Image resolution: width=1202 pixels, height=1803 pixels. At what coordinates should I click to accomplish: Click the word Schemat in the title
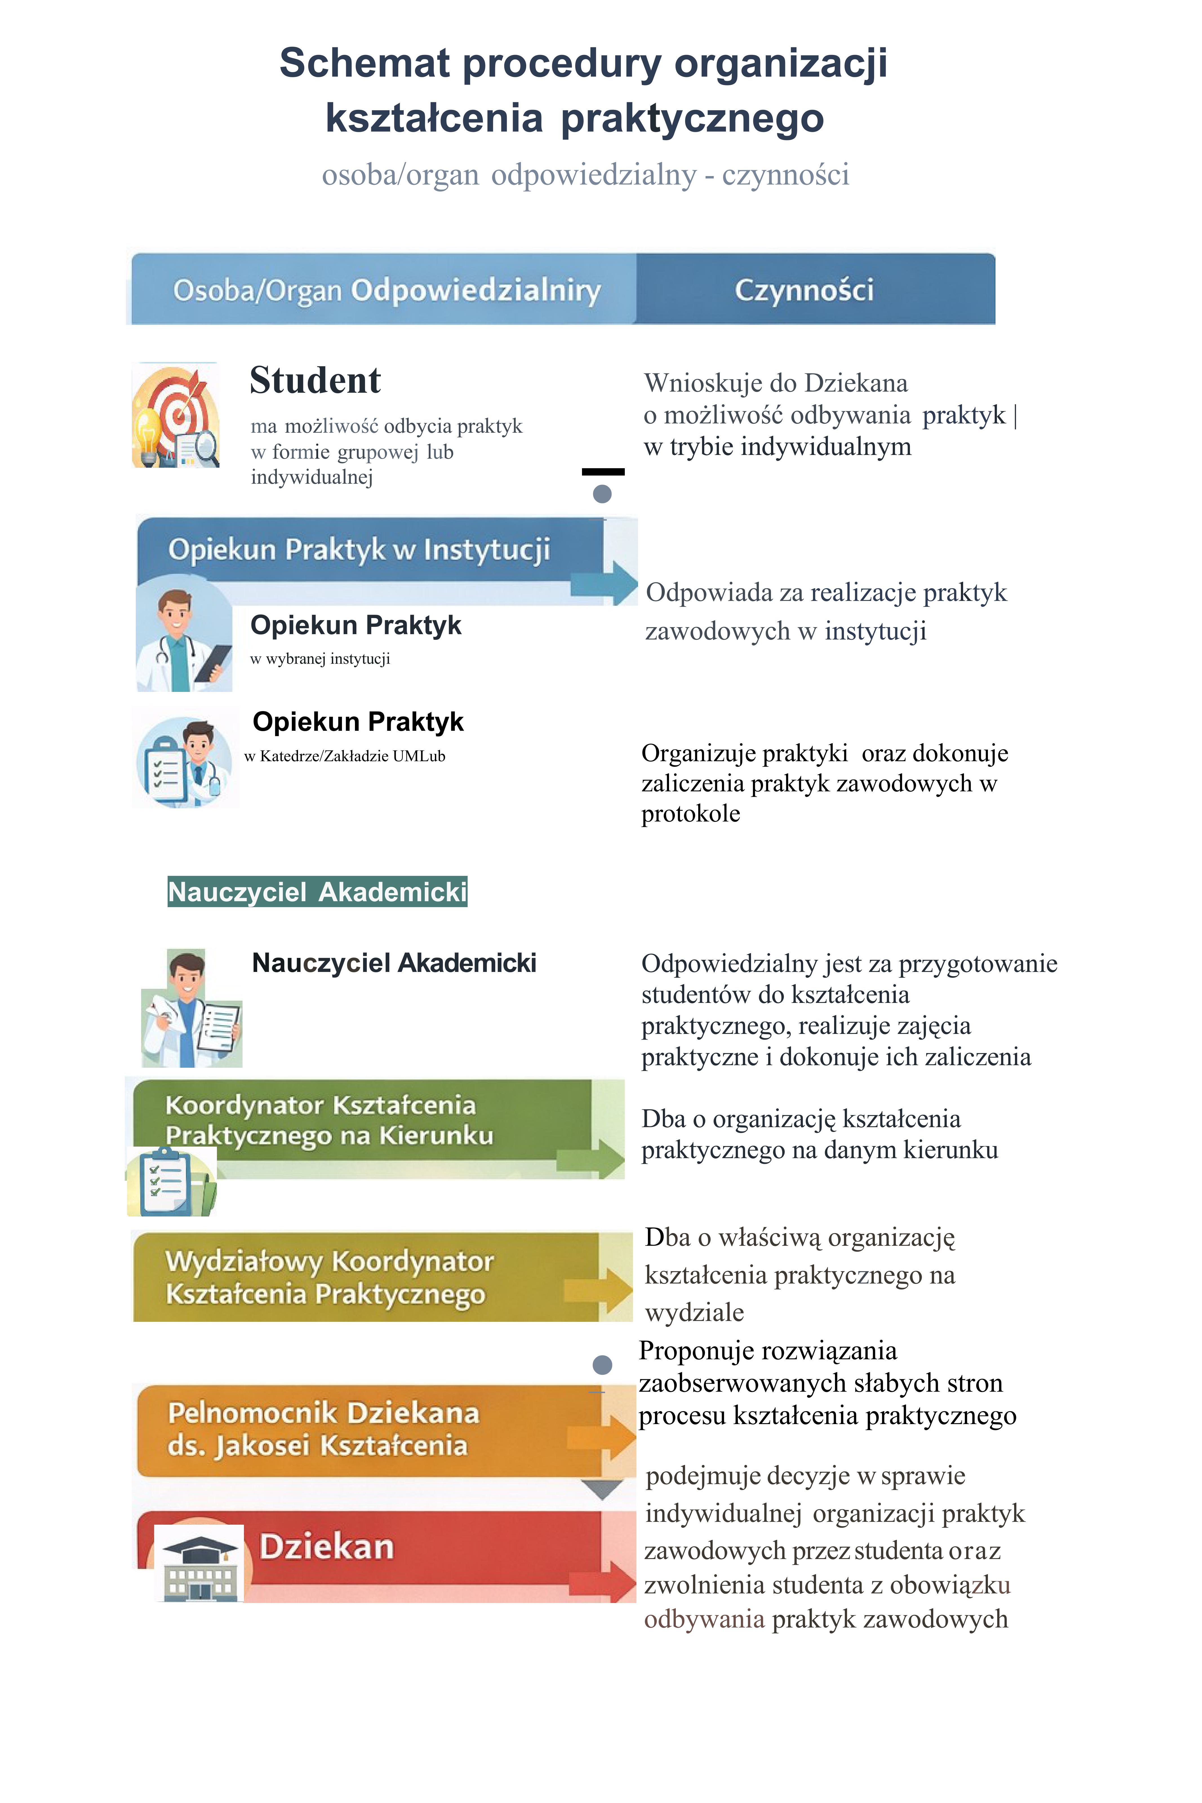coord(364,63)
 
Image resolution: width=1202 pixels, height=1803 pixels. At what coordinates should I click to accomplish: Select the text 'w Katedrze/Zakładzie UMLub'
coord(345,756)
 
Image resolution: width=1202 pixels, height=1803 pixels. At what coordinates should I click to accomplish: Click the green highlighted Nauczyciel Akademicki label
coord(317,892)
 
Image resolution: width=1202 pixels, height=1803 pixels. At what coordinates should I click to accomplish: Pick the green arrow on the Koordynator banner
coord(593,1158)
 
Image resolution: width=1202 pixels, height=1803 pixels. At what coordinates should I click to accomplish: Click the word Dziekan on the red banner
coord(326,1546)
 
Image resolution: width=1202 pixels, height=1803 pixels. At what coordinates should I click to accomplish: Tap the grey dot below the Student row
coord(603,494)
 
